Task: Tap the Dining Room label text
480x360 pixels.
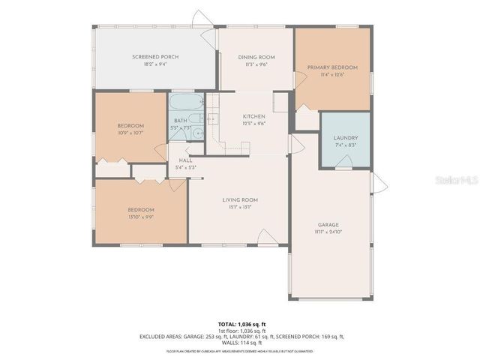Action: tap(256, 57)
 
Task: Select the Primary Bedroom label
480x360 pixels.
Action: tap(332, 67)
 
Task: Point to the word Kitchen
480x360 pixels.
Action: tap(253, 116)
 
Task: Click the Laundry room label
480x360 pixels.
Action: tap(346, 138)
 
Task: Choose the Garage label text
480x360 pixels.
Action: tap(328, 225)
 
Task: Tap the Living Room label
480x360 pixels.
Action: tap(240, 199)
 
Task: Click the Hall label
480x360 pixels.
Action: tap(185, 160)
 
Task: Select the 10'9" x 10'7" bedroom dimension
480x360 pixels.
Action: tap(130, 133)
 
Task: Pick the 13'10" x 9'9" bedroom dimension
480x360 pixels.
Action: tap(140, 217)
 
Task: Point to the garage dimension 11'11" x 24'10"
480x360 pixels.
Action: tap(328, 232)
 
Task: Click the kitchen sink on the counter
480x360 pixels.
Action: tap(211, 118)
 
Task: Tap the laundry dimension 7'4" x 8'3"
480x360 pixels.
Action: tap(346, 145)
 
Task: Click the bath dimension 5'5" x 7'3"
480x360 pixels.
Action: tap(181, 128)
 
